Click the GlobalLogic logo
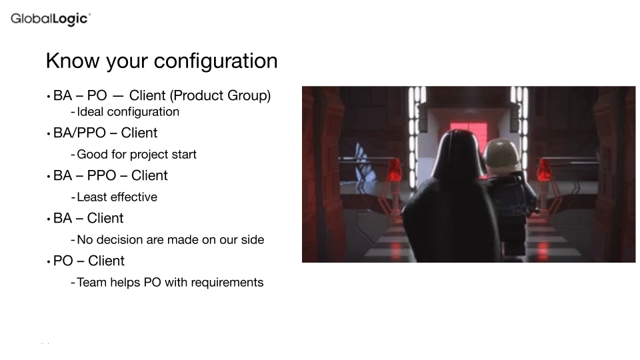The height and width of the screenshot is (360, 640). pyautogui.click(x=51, y=19)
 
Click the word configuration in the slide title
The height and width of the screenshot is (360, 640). pyautogui.click(x=215, y=61)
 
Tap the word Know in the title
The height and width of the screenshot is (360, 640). pyautogui.click(x=73, y=61)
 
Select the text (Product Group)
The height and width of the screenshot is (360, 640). pyautogui.click(x=221, y=95)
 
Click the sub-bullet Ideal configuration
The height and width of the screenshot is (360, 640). pyautogui.click(x=128, y=112)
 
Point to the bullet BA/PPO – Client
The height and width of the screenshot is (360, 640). pyautogui.click(x=105, y=133)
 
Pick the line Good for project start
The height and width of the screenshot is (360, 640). pyautogui.click(x=136, y=154)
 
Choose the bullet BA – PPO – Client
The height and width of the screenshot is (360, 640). pyautogui.click(x=110, y=175)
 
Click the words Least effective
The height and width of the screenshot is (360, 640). pyautogui.click(x=117, y=197)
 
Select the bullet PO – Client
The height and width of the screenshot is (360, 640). pyautogui.click(x=89, y=261)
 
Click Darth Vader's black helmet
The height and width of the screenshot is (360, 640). pyautogui.click(x=457, y=154)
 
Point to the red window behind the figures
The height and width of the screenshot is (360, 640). pyautogui.click(x=469, y=131)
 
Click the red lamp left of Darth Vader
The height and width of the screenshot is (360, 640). pyautogui.click(x=394, y=170)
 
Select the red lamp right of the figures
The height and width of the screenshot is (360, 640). pyautogui.click(x=544, y=170)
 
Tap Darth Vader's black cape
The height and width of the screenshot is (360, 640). pyautogui.click(x=451, y=221)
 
